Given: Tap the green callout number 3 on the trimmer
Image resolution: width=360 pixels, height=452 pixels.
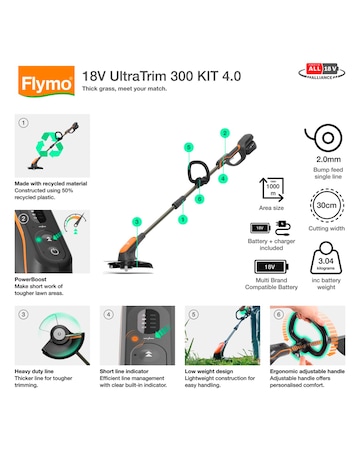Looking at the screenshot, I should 136,221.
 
